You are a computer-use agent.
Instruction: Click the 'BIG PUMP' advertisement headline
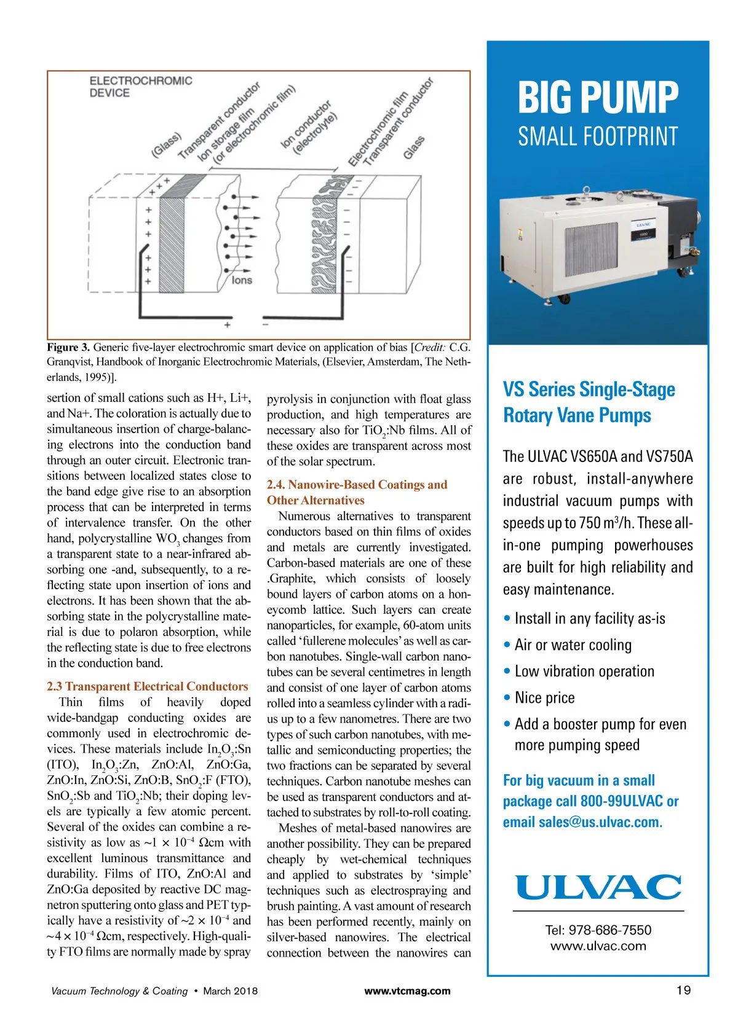pyautogui.click(x=598, y=98)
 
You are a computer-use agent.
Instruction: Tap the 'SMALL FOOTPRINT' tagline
pyautogui.click(x=598, y=136)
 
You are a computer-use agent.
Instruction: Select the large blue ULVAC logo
pyautogui.click(x=598, y=887)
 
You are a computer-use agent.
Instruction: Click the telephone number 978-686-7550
pyautogui.click(x=598, y=930)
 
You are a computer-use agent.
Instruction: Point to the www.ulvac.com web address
pyautogui.click(x=598, y=946)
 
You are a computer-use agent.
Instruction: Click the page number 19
pyautogui.click(x=683, y=990)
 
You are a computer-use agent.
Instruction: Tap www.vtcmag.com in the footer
pyautogui.click(x=407, y=990)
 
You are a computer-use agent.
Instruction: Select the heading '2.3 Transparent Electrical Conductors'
pyautogui.click(x=148, y=686)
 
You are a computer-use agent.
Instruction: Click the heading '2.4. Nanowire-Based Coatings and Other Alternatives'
pyautogui.click(x=357, y=492)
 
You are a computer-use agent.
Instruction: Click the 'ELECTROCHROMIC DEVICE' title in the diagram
pyautogui.click(x=141, y=87)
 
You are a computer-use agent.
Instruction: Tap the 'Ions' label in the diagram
pyautogui.click(x=242, y=280)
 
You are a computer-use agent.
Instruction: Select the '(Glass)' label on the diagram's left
pyautogui.click(x=166, y=145)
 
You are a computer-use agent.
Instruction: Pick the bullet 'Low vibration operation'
pyautogui.click(x=584, y=671)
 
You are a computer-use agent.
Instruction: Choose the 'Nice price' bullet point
pyautogui.click(x=544, y=697)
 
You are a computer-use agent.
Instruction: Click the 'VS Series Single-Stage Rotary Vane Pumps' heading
pyautogui.click(x=589, y=402)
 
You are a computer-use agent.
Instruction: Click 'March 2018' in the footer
pyautogui.click(x=231, y=990)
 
